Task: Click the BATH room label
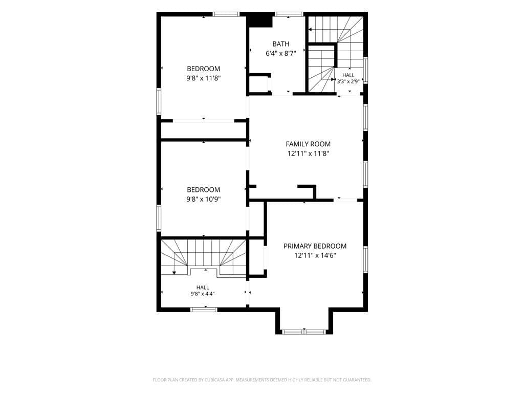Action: tap(281, 44)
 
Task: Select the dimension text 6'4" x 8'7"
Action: tap(281, 53)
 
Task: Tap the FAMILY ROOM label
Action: tap(308, 144)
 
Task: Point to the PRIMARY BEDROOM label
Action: tap(315, 246)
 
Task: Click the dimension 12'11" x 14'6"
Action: tap(315, 256)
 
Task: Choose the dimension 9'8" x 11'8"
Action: tap(204, 78)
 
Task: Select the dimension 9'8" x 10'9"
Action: tap(204, 200)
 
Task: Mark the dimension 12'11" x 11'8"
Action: tap(308, 154)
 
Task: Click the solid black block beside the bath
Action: tap(260, 20)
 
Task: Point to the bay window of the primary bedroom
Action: tap(304, 332)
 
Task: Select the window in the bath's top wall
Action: tap(289, 14)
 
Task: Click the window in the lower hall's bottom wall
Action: tap(204, 310)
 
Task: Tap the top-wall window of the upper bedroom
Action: tap(226, 14)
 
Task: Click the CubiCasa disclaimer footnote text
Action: tap(262, 380)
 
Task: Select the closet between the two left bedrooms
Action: tap(204, 130)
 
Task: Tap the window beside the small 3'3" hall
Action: tap(365, 70)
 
